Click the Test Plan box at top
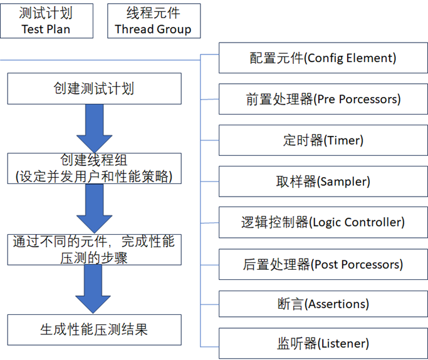tap(46, 21)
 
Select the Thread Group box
tap(154, 21)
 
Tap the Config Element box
tap(323, 58)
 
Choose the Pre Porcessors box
tap(323, 99)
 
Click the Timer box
tap(323, 140)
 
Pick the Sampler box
tap(323, 182)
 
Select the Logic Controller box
tap(323, 222)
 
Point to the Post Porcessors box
tap(323, 264)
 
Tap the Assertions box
tap(323, 304)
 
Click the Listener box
tap(323, 343)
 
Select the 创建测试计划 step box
tap(94, 88)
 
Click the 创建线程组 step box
tap(94, 168)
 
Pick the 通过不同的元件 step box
tap(94, 249)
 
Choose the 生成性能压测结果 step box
tap(94, 329)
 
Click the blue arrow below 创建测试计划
tap(94, 128)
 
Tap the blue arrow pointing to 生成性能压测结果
tap(94, 289)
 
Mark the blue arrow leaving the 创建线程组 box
tap(94, 208)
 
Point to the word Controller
tap(377, 222)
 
